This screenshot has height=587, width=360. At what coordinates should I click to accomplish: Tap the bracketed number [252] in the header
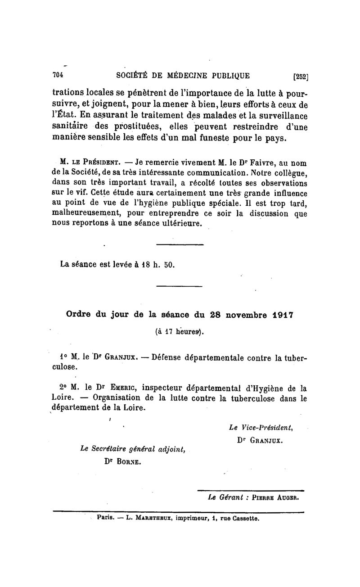(x=300, y=76)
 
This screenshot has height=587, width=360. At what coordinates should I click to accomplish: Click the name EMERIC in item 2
(x=122, y=388)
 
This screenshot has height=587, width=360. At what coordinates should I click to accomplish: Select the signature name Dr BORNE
(x=122, y=461)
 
